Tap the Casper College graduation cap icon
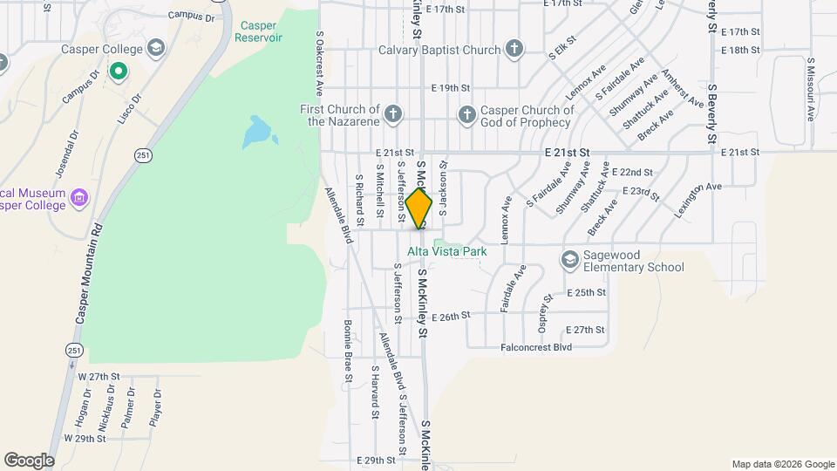[156, 46]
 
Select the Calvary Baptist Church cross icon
[514, 50]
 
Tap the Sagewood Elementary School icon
[569, 260]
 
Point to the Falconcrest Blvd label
[536, 347]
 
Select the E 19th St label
[451, 88]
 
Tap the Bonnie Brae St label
[347, 351]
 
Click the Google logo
[28, 460]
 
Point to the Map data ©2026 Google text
[782, 464]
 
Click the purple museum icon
[78, 198]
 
